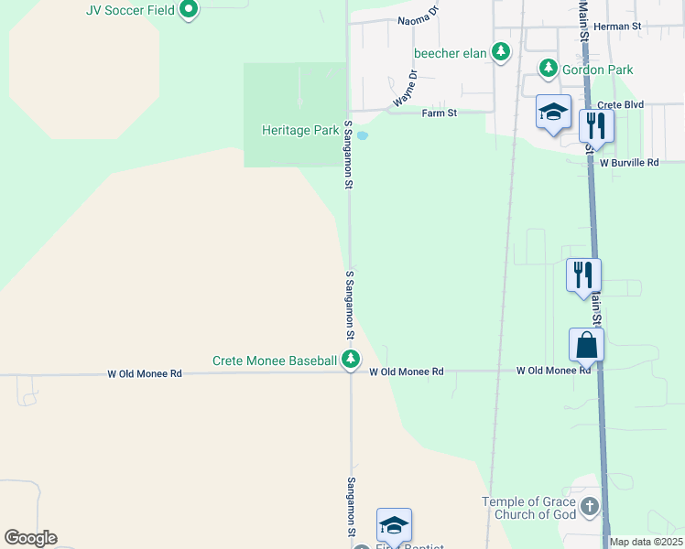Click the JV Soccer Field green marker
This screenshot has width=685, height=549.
[190, 10]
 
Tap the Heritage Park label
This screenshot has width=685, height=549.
[300, 131]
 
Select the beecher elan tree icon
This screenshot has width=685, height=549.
[501, 52]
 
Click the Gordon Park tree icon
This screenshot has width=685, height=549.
[549, 68]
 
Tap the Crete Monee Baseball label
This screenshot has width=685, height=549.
[275, 361]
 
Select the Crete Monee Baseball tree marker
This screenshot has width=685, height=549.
[350, 361]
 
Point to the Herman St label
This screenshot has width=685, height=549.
[616, 27]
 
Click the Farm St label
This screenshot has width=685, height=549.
[439, 113]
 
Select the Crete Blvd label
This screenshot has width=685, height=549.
[622, 105]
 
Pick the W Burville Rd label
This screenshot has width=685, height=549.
[629, 162]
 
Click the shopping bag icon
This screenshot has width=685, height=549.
[586, 345]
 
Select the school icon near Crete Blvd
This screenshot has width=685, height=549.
[553, 112]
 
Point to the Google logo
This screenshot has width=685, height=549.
[30, 538]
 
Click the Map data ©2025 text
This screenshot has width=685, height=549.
[646, 542]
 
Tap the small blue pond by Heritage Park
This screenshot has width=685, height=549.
[362, 136]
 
